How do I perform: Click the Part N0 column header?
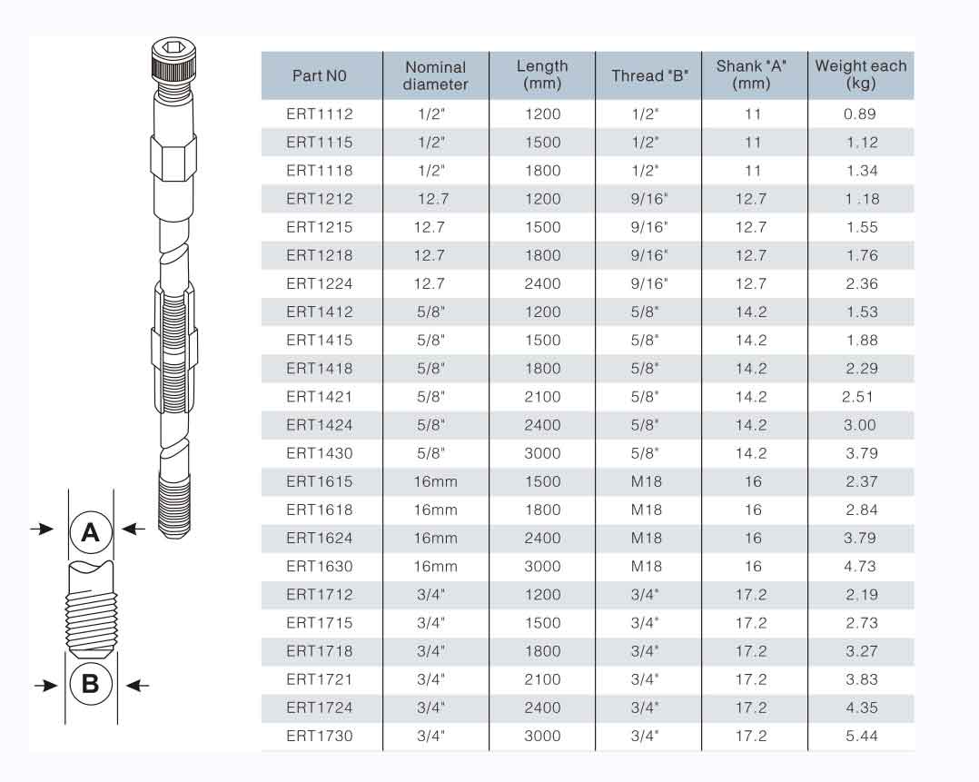pos(319,75)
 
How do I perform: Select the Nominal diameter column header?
pos(435,75)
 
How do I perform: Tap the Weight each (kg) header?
pos(860,74)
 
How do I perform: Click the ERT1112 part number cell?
pos(320,114)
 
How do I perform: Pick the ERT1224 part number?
pos(320,283)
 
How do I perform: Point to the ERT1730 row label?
pos(320,736)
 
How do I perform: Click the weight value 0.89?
pos(860,114)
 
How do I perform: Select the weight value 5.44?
pos(862,736)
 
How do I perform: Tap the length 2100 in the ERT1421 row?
pos(542,397)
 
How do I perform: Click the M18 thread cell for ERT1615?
pos(647,481)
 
